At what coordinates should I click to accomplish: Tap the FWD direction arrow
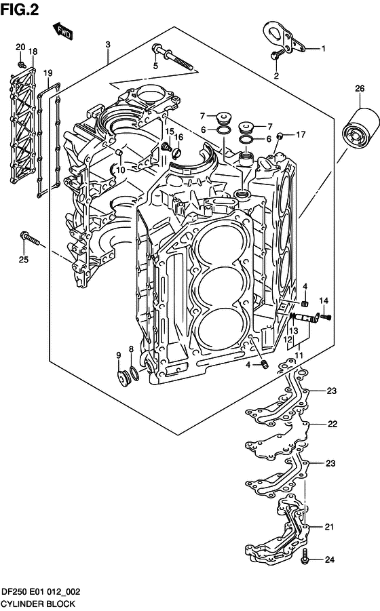pos(62,31)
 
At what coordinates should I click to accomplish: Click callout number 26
pos(359,87)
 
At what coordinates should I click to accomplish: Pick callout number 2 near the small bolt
pos(276,76)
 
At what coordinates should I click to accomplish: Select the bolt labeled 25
pos(31,238)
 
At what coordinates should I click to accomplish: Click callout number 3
pos(108,45)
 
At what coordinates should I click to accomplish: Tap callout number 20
pos(20,46)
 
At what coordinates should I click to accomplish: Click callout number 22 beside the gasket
pos(332,425)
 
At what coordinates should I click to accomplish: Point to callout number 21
pos(328,527)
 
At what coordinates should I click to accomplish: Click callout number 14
pos(324,300)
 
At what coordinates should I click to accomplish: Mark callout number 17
pos(301,134)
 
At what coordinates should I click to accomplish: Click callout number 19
pos(47,73)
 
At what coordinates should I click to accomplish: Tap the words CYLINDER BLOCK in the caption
pos(38,603)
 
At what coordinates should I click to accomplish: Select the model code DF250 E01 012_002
pos(41,591)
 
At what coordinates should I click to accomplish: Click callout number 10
pos(119,170)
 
